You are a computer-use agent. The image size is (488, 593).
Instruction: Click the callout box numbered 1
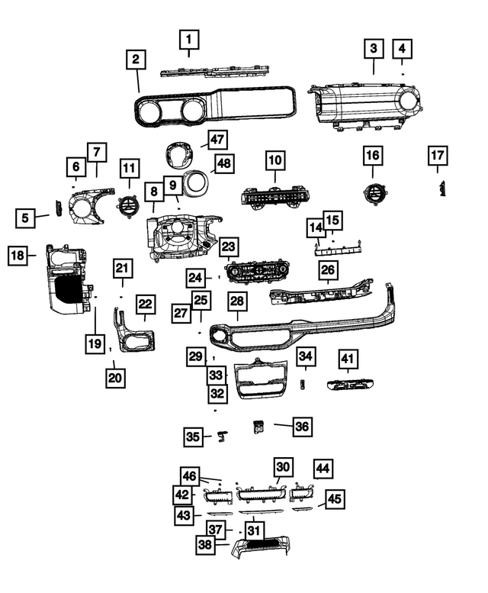pyautogui.click(x=189, y=40)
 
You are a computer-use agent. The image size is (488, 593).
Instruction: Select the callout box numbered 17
pyautogui.click(x=438, y=156)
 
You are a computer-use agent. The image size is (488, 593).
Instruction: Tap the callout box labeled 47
pyautogui.click(x=217, y=140)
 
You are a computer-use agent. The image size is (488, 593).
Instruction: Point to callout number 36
pyautogui.click(x=302, y=427)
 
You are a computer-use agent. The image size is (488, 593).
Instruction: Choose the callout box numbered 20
pyautogui.click(x=115, y=378)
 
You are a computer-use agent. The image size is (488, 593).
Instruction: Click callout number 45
pyautogui.click(x=335, y=499)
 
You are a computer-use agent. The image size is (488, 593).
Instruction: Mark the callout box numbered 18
pyautogui.click(x=18, y=255)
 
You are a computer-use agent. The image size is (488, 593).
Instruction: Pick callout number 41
pyautogui.click(x=348, y=359)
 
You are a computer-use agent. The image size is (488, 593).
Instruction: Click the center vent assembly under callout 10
pyautogui.click(x=276, y=196)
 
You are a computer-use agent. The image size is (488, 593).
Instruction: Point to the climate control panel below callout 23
pyautogui.click(x=258, y=272)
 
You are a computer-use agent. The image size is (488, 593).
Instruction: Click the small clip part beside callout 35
pyautogui.click(x=223, y=436)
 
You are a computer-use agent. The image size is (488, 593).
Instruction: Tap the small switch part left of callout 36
pyautogui.click(x=258, y=427)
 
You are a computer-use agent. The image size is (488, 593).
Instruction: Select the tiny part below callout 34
pyautogui.click(x=303, y=384)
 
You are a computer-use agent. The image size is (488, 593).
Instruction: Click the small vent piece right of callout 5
pyautogui.click(x=58, y=209)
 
